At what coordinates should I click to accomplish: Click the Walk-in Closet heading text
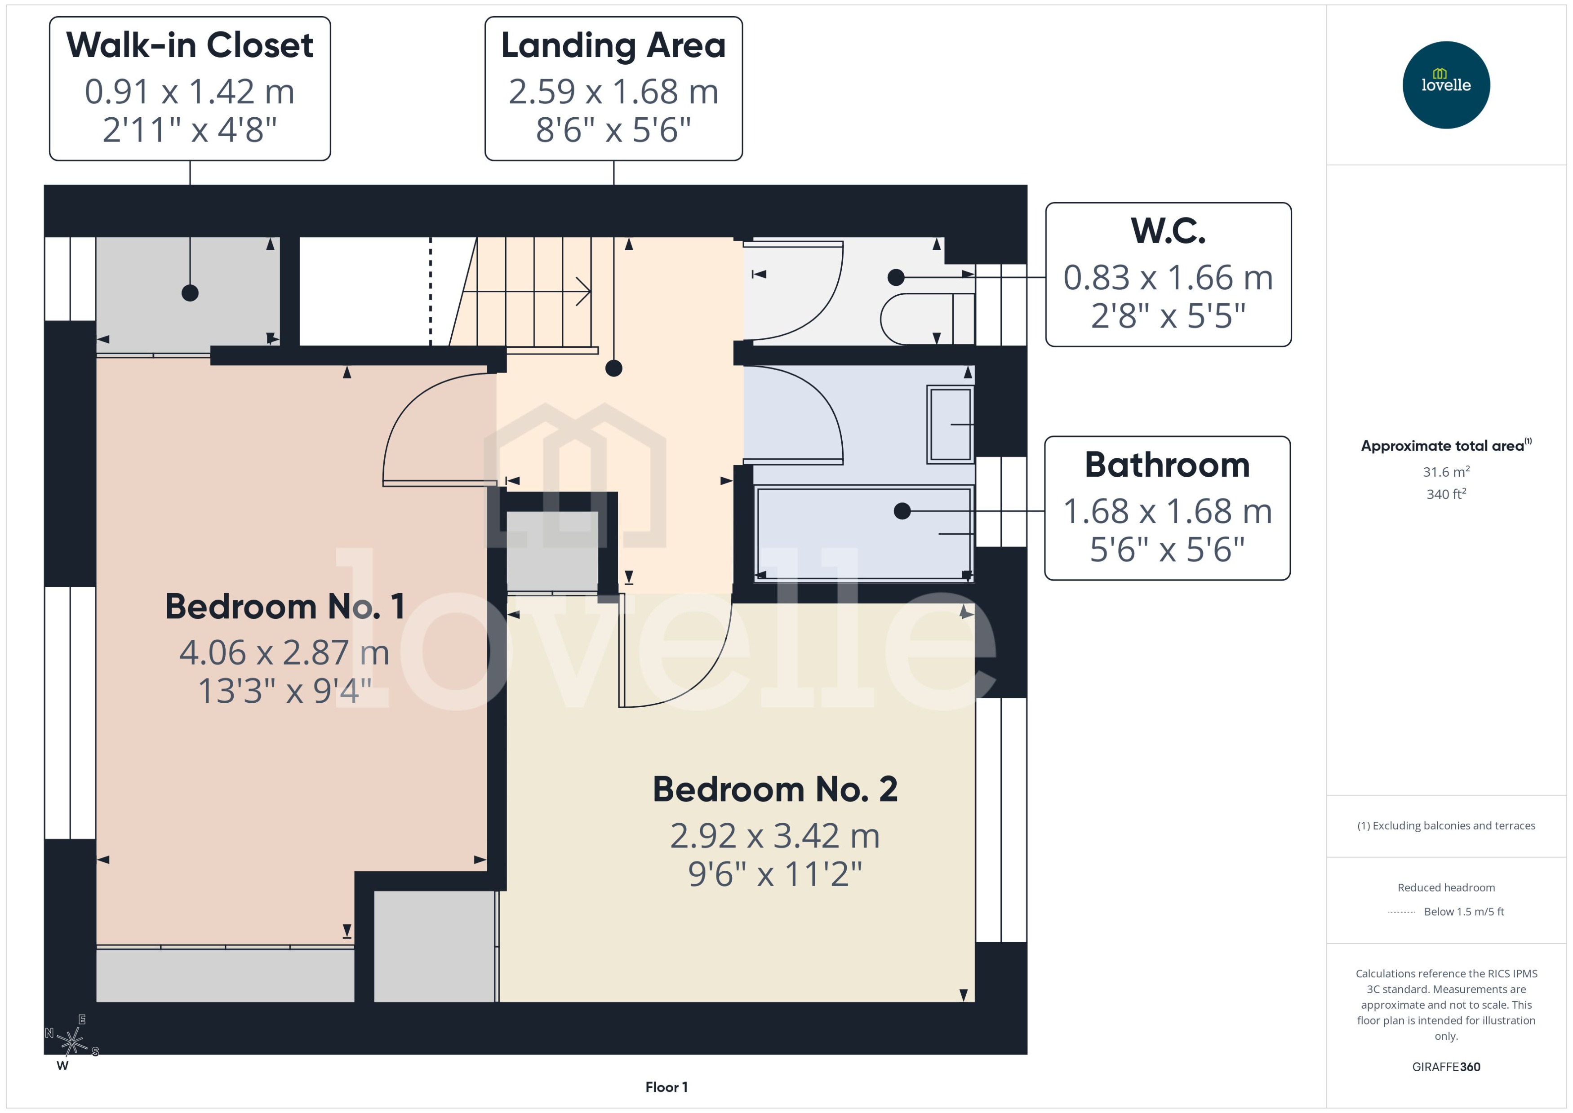[x=190, y=45]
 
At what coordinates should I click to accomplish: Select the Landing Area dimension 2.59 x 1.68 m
[x=613, y=91]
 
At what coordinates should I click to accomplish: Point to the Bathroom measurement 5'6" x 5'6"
[x=1167, y=550]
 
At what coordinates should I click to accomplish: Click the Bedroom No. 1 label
[x=284, y=607]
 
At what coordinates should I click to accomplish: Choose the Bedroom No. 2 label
[x=774, y=789]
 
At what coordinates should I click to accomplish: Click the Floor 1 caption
[x=666, y=1087]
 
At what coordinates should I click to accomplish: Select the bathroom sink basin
[x=950, y=424]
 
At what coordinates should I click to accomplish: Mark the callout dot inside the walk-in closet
[x=190, y=293]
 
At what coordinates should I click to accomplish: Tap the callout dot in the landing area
[x=613, y=368]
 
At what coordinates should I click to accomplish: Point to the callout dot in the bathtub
[x=902, y=510]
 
